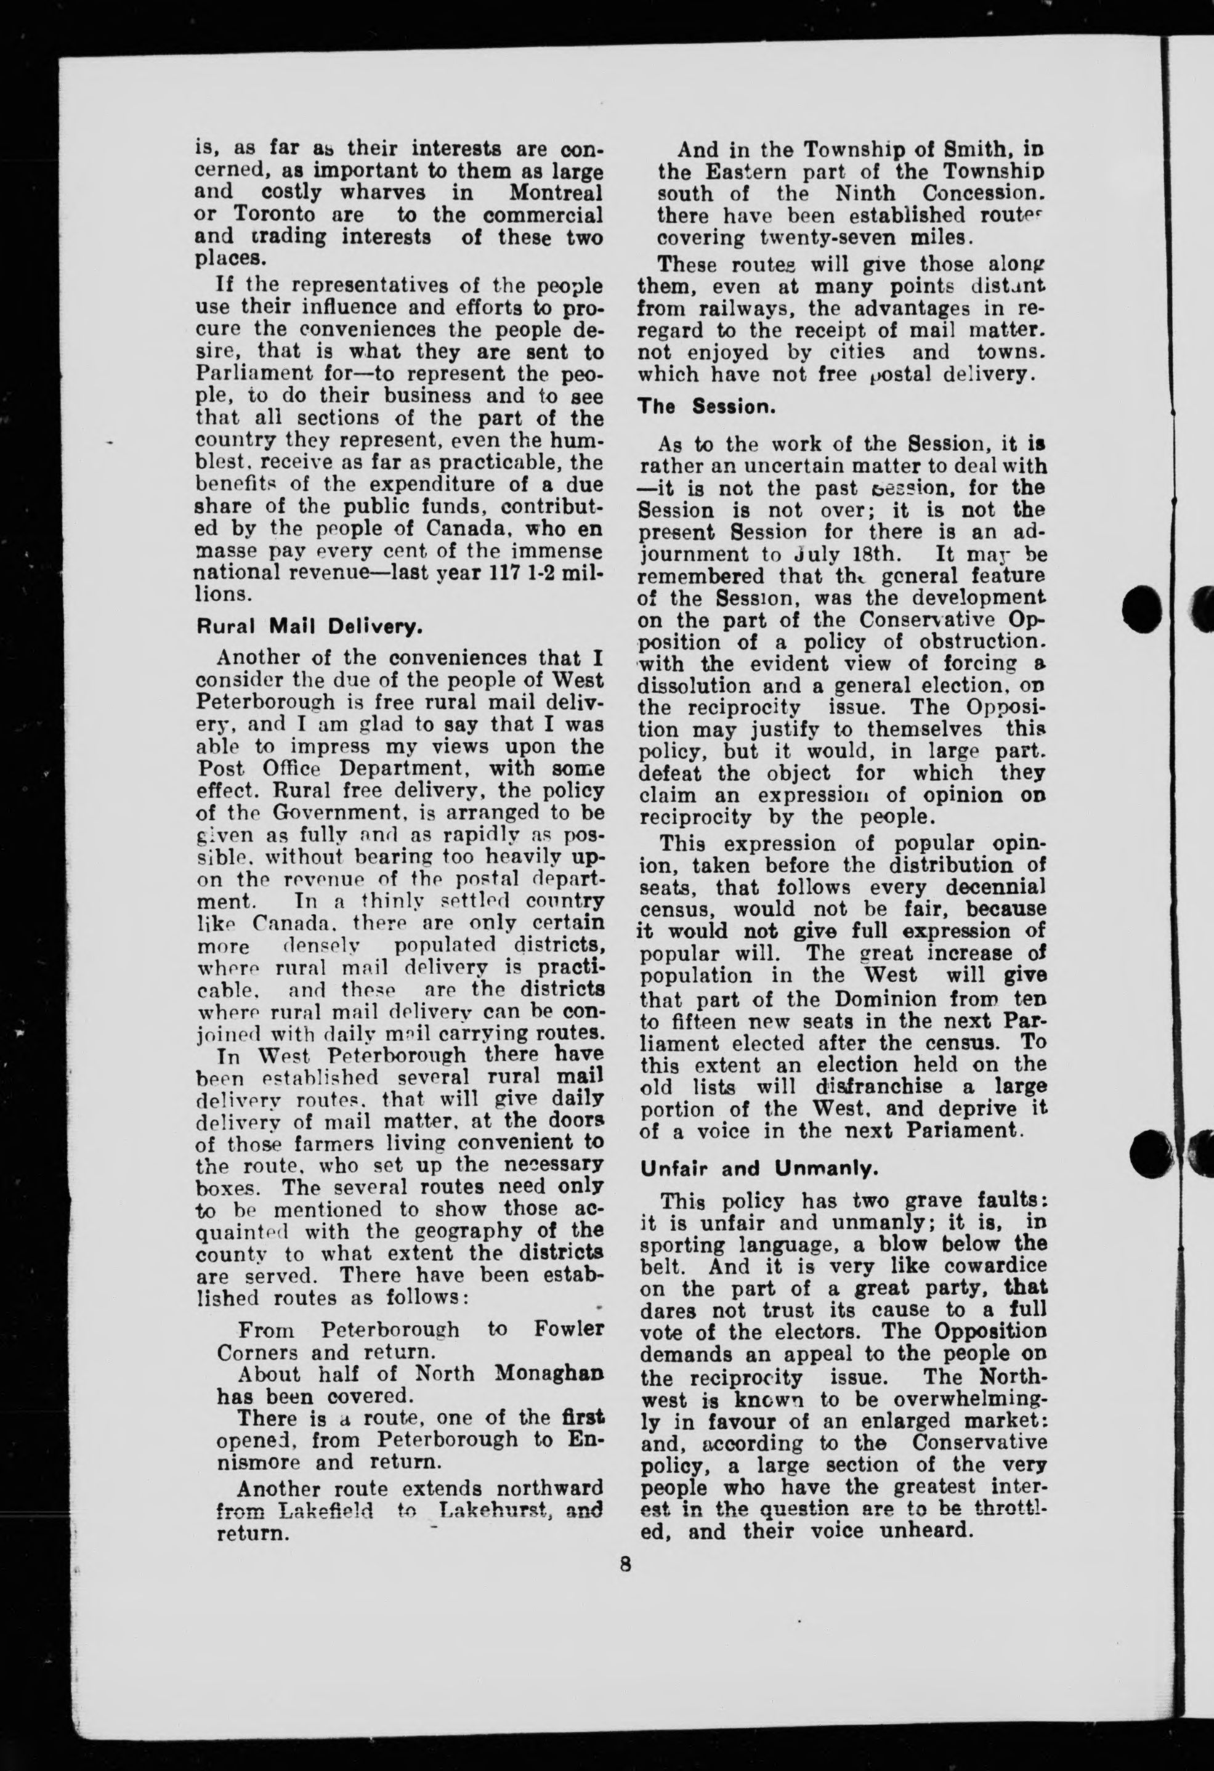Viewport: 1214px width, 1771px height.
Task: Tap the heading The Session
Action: click(x=707, y=407)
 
